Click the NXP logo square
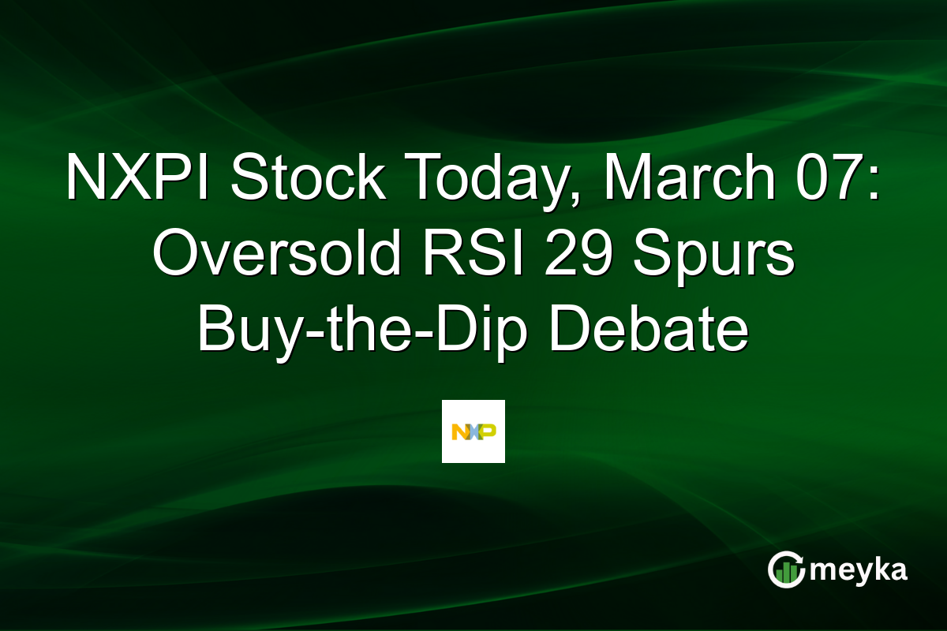[473, 431]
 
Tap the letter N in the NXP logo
[459, 431]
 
